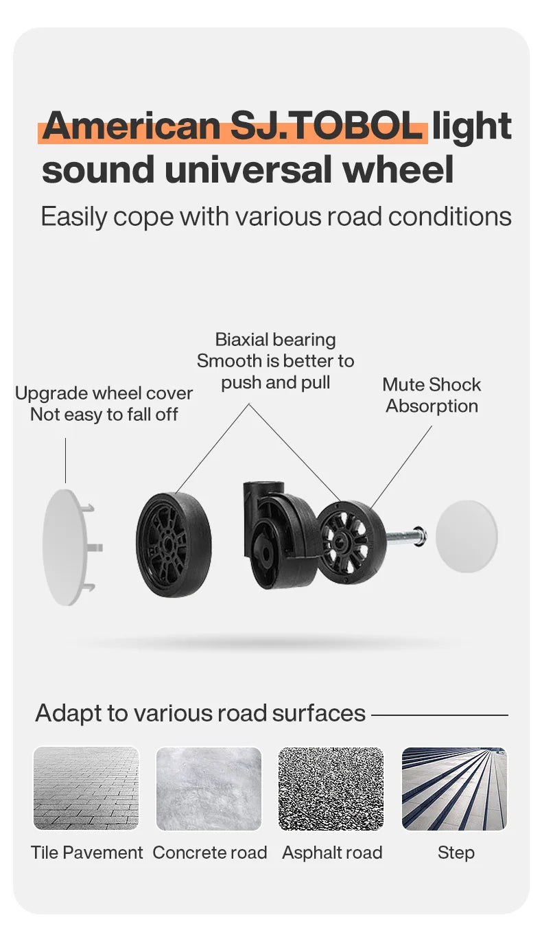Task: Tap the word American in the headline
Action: [x=131, y=126]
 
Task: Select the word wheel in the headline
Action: [x=399, y=170]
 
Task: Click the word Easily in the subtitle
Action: [x=73, y=217]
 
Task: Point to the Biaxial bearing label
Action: [x=275, y=340]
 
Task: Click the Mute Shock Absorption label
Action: [x=432, y=395]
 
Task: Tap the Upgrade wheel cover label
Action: [x=104, y=393]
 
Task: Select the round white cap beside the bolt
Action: [x=467, y=536]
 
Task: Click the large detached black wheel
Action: [x=174, y=544]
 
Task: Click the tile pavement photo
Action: [x=86, y=789]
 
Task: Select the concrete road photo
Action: [x=209, y=789]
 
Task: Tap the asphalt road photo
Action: [x=331, y=789]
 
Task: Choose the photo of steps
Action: [x=454, y=789]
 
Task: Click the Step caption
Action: [x=456, y=853]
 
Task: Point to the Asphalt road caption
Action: [x=332, y=853]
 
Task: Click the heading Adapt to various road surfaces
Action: [x=200, y=713]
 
